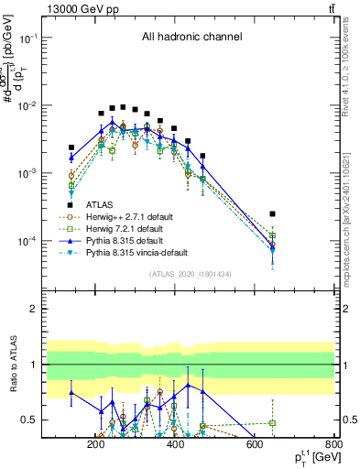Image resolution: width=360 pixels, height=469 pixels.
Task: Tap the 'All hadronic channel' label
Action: pos(191,38)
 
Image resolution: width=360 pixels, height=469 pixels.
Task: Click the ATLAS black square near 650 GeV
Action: pos(272,213)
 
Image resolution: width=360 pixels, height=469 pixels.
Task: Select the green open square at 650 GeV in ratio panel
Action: pos(272,423)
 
